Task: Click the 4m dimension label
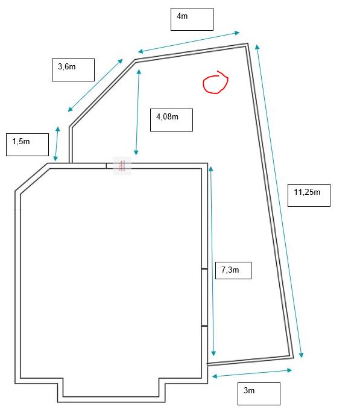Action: point(192,19)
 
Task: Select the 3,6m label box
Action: point(73,70)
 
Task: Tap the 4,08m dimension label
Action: point(171,120)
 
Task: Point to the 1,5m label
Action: point(28,145)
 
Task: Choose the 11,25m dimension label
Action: point(309,195)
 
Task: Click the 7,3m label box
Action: point(233,270)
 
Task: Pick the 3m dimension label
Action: point(259,394)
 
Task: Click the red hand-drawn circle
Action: point(215,83)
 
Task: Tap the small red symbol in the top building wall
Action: point(122,166)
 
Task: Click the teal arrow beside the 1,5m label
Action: point(57,144)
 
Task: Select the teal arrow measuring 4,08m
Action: point(137,112)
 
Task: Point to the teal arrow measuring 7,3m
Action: point(212,261)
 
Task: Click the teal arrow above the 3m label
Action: point(252,373)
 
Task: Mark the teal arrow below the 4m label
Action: point(189,42)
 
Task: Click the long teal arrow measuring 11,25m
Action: point(279,201)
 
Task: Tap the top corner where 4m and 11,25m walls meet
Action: point(248,43)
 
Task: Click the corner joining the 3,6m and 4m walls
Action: point(135,60)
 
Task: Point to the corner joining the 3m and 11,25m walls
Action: point(293,358)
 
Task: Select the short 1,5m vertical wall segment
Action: point(71,145)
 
